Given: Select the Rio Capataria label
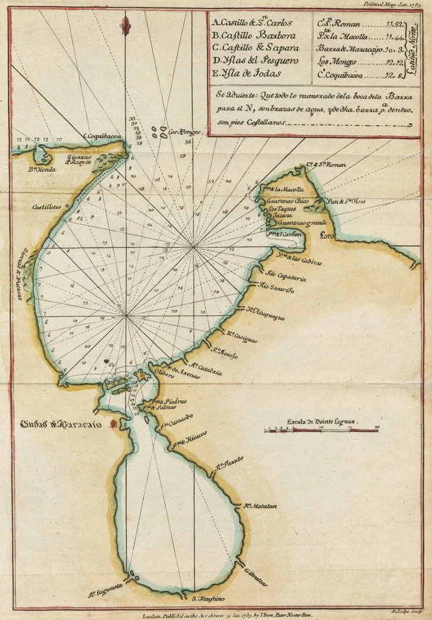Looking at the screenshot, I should (x=285, y=274).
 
